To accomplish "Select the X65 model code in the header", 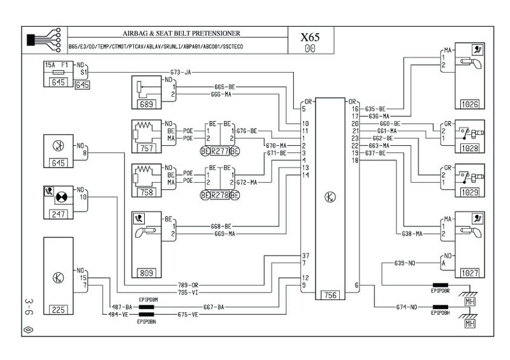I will [310, 38].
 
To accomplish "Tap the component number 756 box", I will [331, 294].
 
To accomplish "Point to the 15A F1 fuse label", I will [57, 65].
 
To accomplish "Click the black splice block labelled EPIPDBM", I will [148, 307].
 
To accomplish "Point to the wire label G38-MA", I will [412, 234].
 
